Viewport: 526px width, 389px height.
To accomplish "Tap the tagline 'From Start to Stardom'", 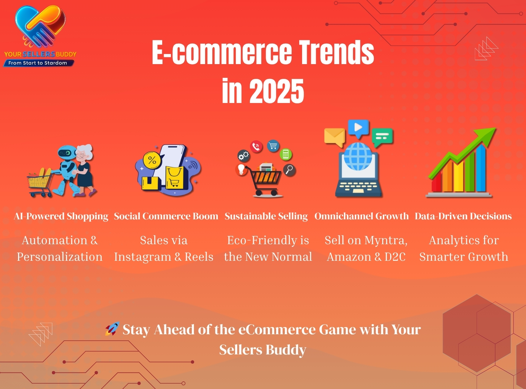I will (x=38, y=63).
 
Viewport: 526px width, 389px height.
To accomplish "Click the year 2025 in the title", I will (x=277, y=91).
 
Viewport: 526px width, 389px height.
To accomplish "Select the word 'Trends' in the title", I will (x=336, y=53).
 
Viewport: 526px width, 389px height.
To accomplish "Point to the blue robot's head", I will (x=67, y=153).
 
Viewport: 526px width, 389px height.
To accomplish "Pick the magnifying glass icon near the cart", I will (x=289, y=170).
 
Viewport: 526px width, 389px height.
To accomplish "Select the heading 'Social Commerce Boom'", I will (x=166, y=216).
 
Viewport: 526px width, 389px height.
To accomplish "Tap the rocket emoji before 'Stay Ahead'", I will (x=112, y=329).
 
